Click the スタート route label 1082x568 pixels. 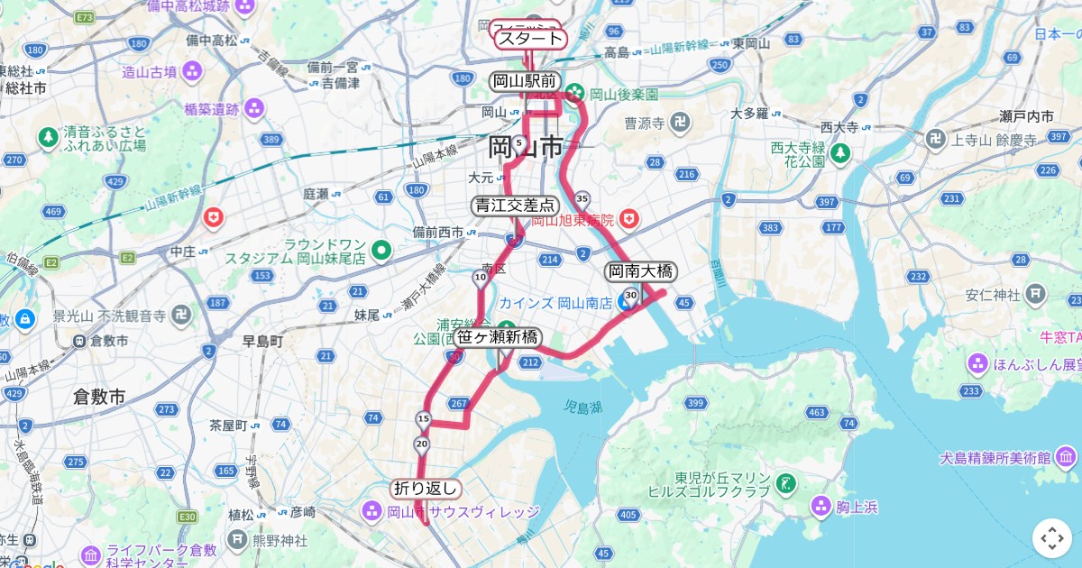point(529,39)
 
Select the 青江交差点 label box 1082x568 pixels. point(516,206)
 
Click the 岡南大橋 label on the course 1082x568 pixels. point(640,270)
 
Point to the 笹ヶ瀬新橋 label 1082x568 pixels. point(498,337)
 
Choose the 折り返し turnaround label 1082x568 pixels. point(426,489)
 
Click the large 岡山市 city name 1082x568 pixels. point(526,146)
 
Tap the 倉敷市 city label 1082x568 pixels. point(99,397)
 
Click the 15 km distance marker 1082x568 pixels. point(423,418)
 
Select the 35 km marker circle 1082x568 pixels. point(582,198)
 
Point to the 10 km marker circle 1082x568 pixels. point(480,278)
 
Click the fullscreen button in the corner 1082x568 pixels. point(1051,538)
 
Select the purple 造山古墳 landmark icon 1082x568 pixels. point(191,70)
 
